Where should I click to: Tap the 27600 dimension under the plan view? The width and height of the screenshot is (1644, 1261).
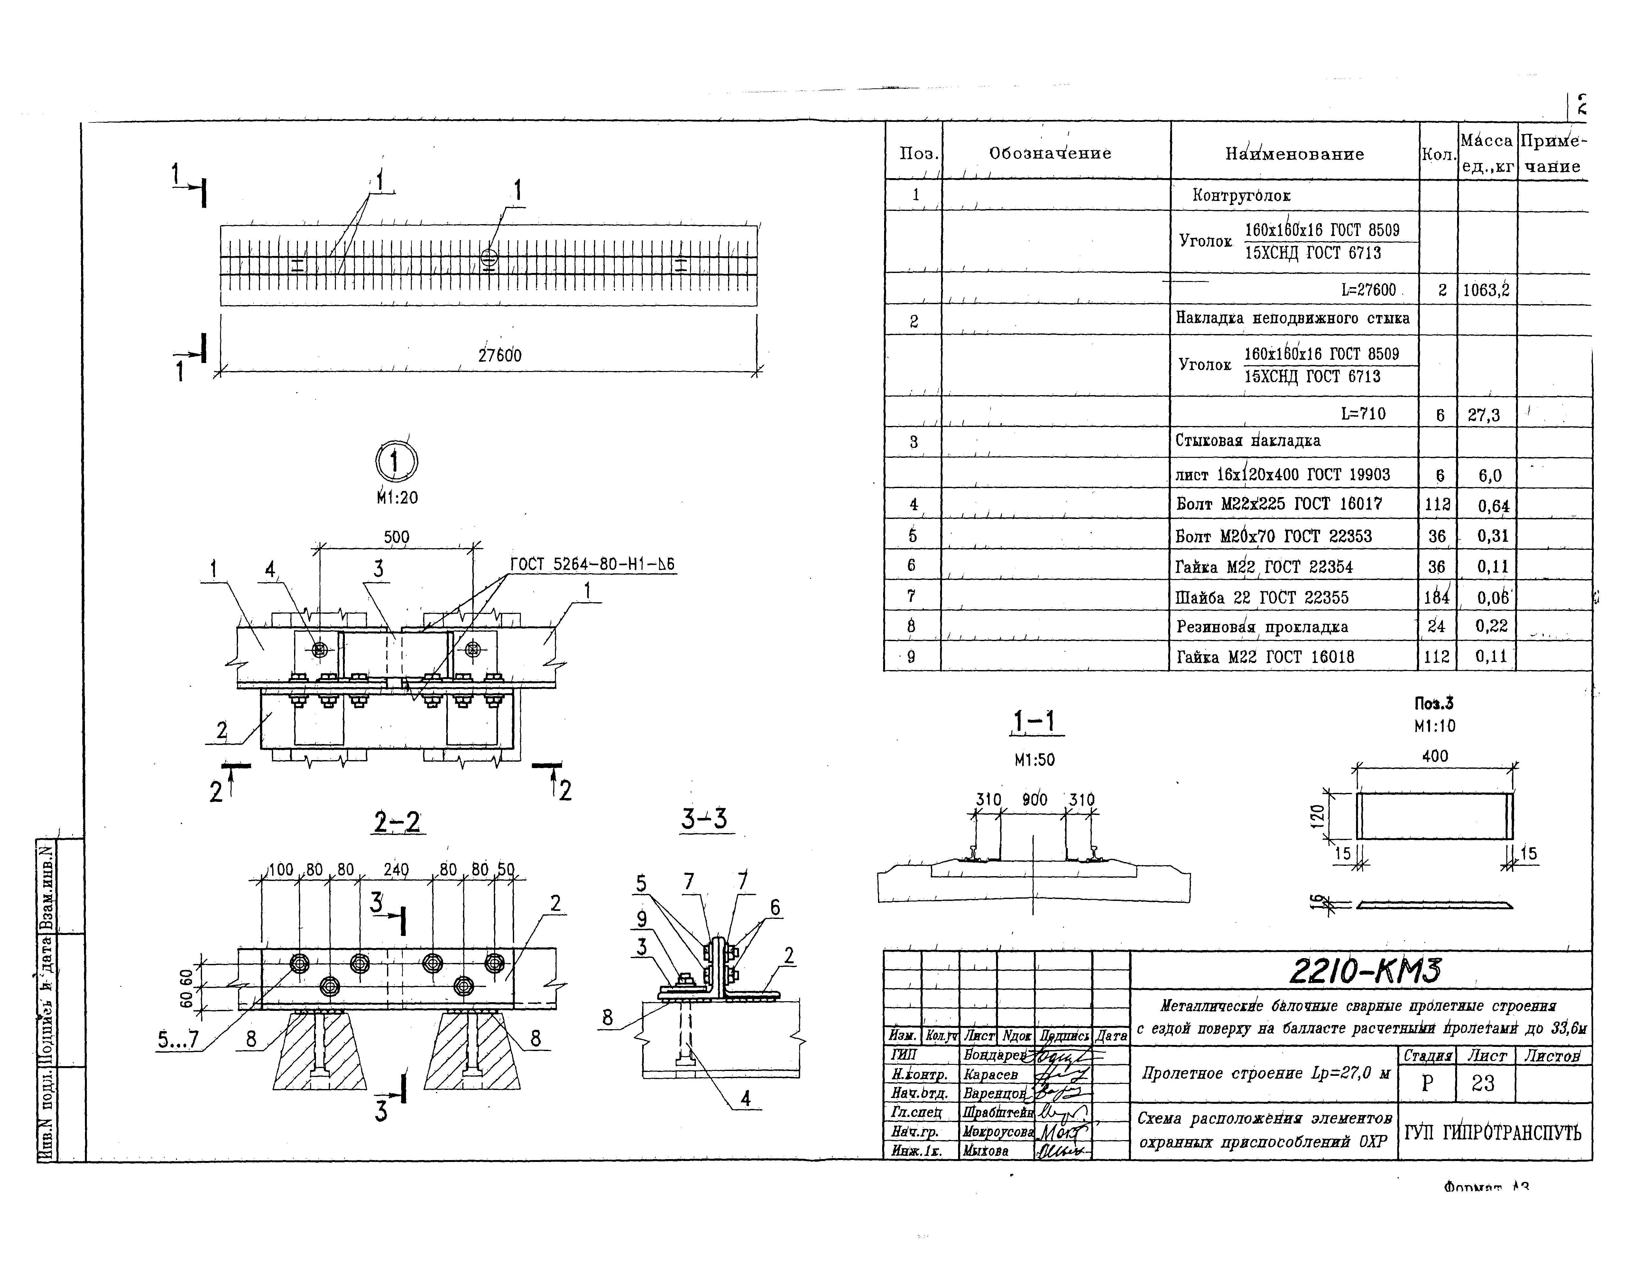coord(499,355)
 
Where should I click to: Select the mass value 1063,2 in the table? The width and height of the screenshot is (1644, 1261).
coord(1485,290)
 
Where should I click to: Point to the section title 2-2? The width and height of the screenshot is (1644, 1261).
coord(397,823)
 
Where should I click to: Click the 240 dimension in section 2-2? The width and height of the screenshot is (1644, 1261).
coord(396,870)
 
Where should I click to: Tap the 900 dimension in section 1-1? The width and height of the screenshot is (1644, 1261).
coord(1034,800)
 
